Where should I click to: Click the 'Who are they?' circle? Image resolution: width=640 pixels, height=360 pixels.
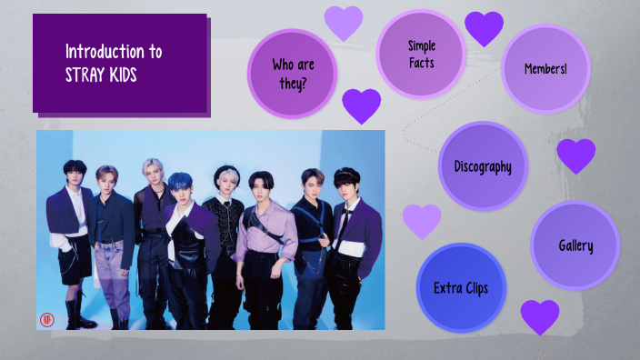click(x=292, y=74)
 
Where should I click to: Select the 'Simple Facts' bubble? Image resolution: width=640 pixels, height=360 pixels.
click(x=421, y=54)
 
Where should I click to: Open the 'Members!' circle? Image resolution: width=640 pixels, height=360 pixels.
click(x=545, y=69)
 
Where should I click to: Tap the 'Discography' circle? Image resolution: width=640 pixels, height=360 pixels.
click(x=483, y=166)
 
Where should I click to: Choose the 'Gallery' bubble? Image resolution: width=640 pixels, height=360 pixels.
click(x=575, y=245)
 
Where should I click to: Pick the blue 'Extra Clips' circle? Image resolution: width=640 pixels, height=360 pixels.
click(x=461, y=288)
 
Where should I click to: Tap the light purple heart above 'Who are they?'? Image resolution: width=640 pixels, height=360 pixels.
click(x=344, y=22)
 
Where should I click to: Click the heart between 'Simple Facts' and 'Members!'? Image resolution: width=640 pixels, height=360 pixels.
click(x=484, y=28)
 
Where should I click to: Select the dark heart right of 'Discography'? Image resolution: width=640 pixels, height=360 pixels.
click(x=575, y=155)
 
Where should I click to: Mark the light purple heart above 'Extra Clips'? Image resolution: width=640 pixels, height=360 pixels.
click(x=422, y=220)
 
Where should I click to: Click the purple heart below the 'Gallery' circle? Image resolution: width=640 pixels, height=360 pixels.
click(x=540, y=316)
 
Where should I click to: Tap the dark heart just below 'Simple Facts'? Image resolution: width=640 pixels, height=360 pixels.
click(x=361, y=105)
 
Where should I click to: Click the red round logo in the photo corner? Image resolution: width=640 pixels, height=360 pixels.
click(x=48, y=319)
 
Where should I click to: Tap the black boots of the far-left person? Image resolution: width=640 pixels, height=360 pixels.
click(x=77, y=317)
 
